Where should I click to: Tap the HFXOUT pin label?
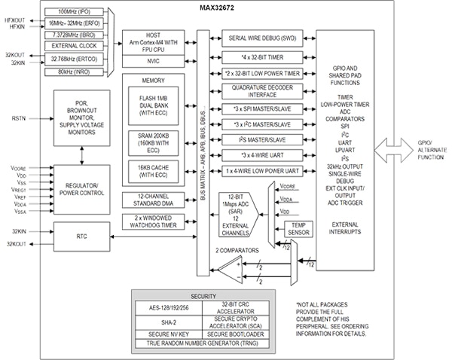(17, 17)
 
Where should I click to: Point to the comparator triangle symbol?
(229, 265)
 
